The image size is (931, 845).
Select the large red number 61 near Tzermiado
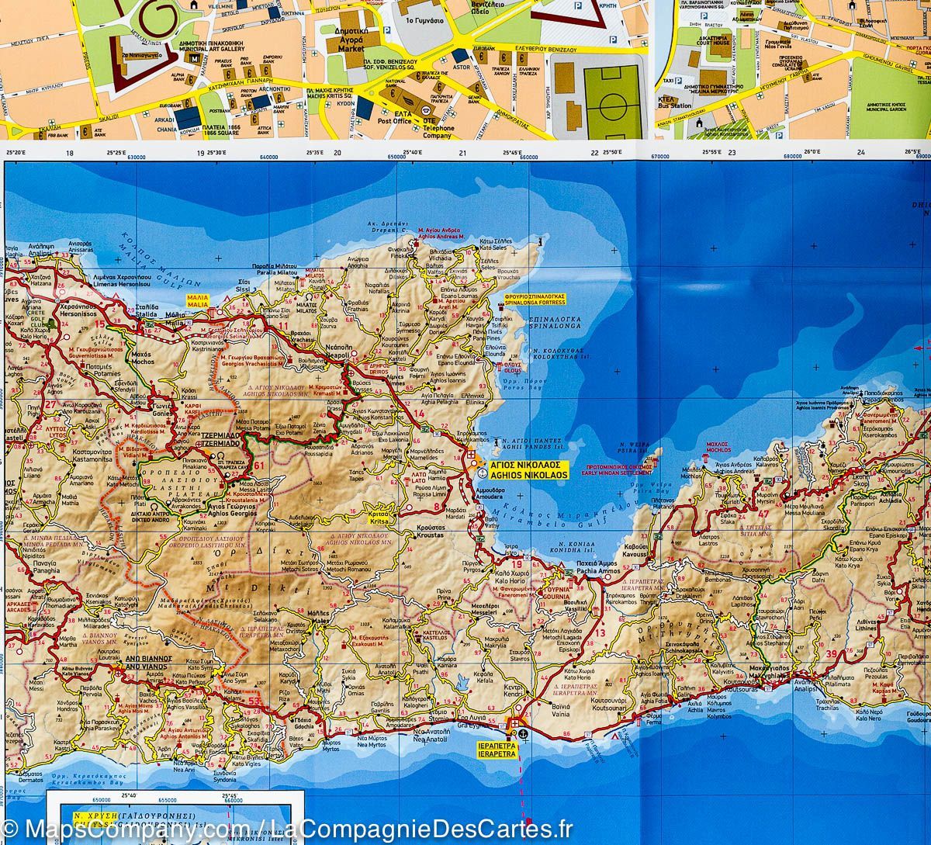pyautogui.click(x=259, y=465)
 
